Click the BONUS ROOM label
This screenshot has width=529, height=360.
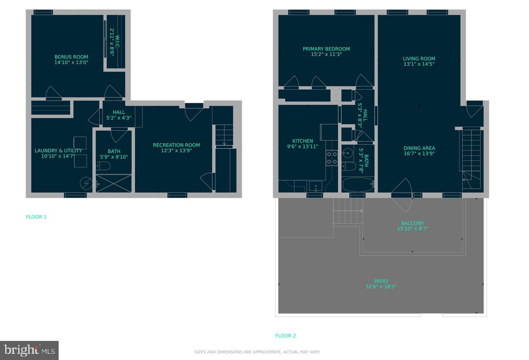[x=71, y=57]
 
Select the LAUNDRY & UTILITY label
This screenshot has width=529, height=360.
[x=58, y=151]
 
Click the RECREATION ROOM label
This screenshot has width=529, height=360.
[x=176, y=145]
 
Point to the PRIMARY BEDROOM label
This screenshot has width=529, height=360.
[x=326, y=49]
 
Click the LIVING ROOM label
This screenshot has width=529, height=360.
[x=418, y=59]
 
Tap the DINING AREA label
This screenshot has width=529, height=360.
[x=419, y=148]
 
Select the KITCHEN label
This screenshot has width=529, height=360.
[x=302, y=141]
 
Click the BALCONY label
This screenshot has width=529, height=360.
[x=412, y=223]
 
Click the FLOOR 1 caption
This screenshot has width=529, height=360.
[x=36, y=217]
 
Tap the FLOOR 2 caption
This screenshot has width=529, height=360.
[x=285, y=336]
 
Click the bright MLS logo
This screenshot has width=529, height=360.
[x=30, y=350]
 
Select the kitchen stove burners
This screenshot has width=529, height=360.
[x=332, y=158]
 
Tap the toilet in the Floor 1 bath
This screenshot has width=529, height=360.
[x=104, y=165]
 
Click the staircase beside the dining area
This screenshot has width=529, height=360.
[x=470, y=156]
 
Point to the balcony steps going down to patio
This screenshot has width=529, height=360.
[x=348, y=211]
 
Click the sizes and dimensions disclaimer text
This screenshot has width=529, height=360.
[x=257, y=352]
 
